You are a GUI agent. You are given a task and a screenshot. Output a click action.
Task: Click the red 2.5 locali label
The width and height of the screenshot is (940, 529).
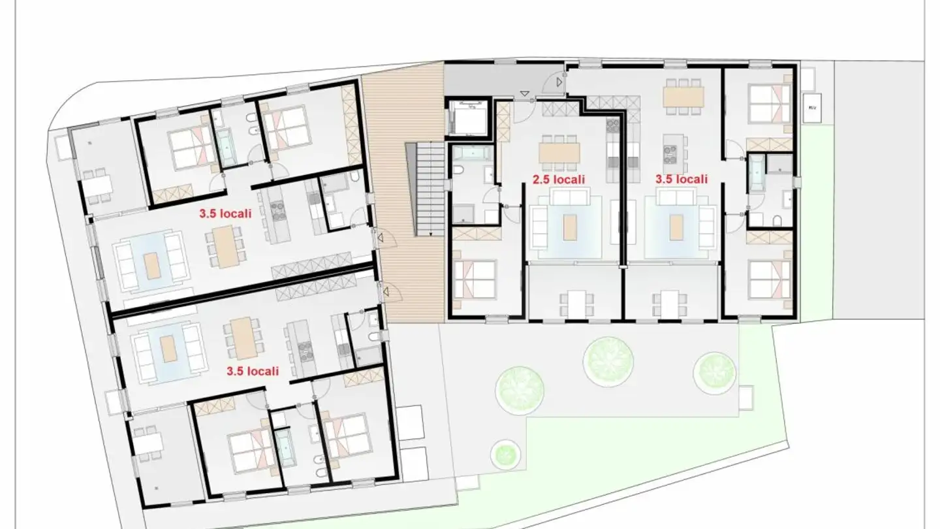[558, 179]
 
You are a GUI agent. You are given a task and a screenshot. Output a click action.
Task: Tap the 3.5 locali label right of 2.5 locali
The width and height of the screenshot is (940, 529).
[681, 179]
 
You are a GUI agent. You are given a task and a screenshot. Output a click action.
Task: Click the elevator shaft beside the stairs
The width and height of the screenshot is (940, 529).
[467, 118]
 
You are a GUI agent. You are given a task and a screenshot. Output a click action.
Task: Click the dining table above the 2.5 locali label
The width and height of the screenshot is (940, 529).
[559, 153]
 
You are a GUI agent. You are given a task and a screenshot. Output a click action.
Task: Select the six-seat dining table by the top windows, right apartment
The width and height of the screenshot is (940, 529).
[683, 97]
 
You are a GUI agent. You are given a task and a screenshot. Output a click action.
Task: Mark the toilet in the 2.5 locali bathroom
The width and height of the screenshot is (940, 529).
[459, 172]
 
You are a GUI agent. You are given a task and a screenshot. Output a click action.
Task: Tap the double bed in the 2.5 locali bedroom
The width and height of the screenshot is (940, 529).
[475, 280]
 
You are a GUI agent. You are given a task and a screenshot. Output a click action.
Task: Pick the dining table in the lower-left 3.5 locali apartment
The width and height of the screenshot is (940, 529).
[244, 338]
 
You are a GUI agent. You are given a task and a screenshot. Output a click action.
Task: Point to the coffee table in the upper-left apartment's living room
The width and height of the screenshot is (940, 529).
[151, 265]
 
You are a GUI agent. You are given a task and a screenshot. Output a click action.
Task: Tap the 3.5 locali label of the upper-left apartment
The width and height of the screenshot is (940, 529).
[225, 213]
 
